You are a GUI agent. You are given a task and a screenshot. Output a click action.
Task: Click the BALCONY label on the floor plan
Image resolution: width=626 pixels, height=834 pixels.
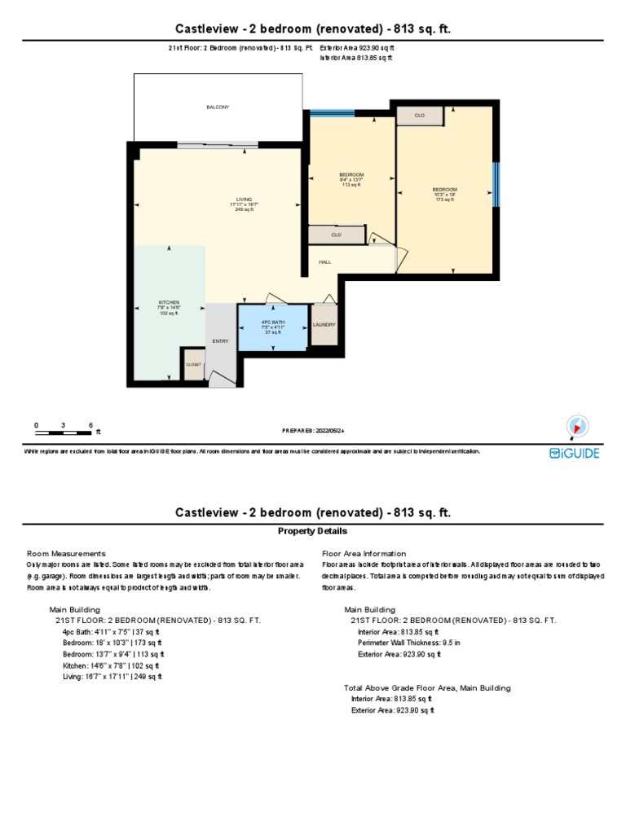(218, 108)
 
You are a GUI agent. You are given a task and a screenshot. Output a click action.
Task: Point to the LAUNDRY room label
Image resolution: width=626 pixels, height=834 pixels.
(324, 325)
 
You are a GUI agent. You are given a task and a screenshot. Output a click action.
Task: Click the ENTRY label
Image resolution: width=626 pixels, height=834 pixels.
(220, 340)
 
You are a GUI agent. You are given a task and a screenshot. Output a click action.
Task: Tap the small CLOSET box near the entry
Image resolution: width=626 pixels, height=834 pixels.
(193, 365)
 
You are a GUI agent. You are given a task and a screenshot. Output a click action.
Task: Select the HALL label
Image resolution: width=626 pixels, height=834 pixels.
(324, 262)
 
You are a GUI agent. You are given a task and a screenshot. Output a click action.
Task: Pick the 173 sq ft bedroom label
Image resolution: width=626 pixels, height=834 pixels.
(445, 194)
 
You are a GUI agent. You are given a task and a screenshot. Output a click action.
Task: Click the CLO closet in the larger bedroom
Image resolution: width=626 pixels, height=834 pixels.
(420, 116)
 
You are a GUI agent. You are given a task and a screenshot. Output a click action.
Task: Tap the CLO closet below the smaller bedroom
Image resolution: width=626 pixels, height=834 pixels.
(336, 235)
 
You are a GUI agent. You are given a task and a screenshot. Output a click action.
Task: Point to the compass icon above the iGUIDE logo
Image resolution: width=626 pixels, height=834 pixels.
(577, 426)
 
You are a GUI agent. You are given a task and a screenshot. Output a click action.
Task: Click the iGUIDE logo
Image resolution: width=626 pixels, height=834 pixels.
(574, 453)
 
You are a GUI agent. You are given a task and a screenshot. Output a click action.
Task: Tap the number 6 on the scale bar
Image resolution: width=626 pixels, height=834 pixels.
(90, 425)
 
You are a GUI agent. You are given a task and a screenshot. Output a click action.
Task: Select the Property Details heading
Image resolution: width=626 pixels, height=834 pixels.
(313, 530)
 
